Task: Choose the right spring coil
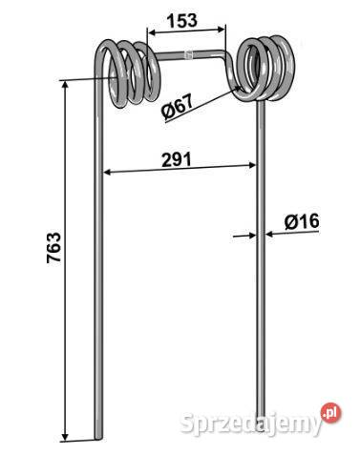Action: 264,69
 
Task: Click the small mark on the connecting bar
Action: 190,55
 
